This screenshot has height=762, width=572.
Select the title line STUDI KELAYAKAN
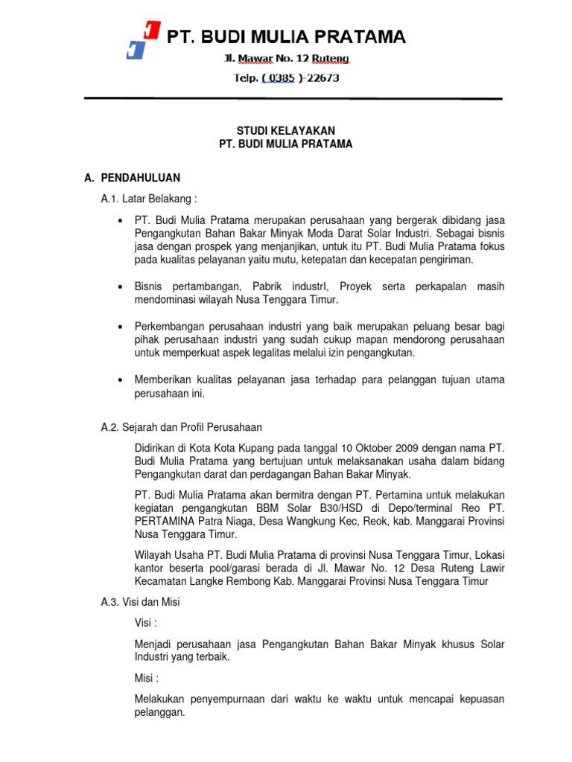285,130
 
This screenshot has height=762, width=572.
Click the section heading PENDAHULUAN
140,177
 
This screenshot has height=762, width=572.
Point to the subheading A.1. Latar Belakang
150,199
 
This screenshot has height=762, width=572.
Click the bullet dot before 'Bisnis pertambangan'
119,286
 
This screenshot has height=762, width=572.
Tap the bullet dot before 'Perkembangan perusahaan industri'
119,327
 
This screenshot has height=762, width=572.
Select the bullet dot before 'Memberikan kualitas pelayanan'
119,380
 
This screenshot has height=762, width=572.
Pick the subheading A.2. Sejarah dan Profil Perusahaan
181,426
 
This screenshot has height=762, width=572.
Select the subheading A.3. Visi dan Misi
140,602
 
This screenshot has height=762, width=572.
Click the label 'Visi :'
146,622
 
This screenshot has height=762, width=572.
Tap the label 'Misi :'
147,678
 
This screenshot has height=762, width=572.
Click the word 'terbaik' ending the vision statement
210,657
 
